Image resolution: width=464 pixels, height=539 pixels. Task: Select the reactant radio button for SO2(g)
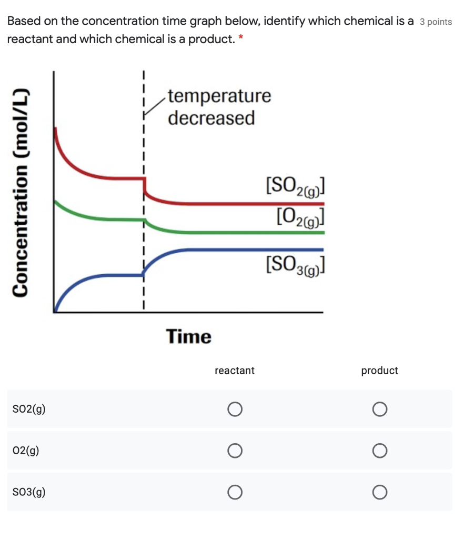tap(235, 409)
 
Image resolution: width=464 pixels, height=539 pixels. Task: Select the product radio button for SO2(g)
tap(380, 409)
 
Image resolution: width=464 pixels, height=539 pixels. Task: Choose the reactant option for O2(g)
tap(235, 450)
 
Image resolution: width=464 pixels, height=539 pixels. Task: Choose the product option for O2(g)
tap(380, 450)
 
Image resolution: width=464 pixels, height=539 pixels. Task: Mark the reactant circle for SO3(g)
tap(235, 492)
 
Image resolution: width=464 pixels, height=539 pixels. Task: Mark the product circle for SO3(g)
tap(380, 492)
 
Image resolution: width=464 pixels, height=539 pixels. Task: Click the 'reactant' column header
tap(235, 371)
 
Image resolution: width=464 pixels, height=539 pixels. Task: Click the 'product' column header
tap(379, 371)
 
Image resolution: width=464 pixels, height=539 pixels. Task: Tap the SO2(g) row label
tap(29, 409)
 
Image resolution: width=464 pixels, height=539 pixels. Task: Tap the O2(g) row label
tap(26, 451)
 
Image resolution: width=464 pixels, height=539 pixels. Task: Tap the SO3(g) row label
tap(29, 492)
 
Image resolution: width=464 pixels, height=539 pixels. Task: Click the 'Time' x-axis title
tap(189, 336)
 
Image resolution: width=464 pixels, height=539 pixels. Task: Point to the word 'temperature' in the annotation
tap(220, 96)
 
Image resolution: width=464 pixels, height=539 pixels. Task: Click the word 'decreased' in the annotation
tap(211, 118)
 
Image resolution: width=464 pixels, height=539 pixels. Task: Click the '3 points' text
tap(436, 22)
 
